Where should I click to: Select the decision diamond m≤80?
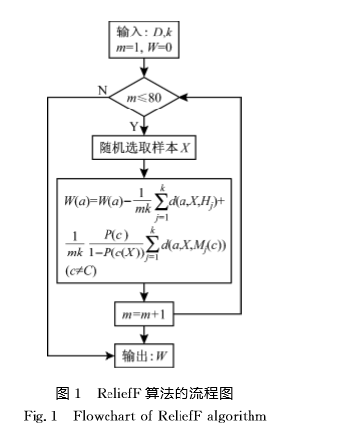click(x=144, y=98)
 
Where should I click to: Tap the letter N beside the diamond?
click(x=102, y=90)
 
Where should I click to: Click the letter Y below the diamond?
click(x=134, y=127)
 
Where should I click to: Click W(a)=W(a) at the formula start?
click(x=93, y=201)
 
